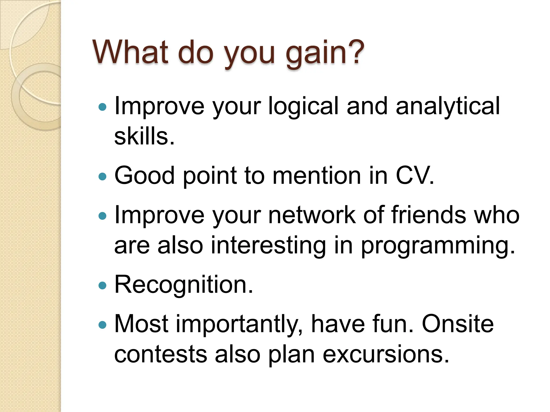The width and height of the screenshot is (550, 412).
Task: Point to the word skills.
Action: click(144, 136)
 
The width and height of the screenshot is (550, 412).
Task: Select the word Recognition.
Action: click(183, 285)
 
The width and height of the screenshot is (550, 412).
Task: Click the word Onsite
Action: click(458, 324)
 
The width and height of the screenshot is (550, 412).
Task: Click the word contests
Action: click(161, 354)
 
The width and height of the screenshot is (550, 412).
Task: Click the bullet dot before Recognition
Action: click(103, 285)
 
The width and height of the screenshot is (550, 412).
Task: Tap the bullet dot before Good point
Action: click(103, 176)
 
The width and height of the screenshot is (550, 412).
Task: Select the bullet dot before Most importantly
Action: click(103, 325)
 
